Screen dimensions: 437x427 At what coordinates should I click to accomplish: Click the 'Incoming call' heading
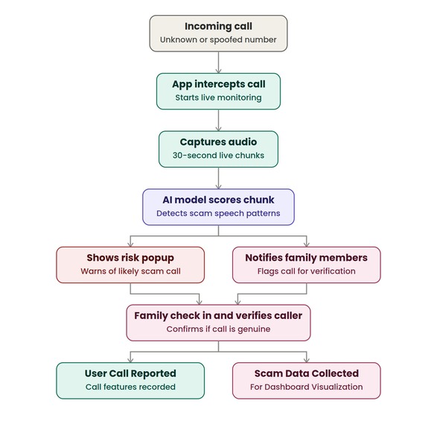218,26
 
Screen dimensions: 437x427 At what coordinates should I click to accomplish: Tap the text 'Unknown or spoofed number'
218,40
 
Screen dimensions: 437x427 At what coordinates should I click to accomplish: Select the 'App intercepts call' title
219,84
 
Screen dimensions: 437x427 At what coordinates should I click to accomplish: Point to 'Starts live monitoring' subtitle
218,98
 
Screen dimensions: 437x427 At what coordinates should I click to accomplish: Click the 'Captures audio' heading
218,142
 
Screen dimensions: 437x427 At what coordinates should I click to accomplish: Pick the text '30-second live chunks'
218,155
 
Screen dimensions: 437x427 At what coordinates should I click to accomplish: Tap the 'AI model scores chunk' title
218,200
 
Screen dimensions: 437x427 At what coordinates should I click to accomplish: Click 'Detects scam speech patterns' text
218,213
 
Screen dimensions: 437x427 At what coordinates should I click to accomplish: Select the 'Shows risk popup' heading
130,258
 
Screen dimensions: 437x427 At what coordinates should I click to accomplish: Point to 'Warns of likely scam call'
130,271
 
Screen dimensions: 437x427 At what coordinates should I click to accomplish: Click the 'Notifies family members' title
306,258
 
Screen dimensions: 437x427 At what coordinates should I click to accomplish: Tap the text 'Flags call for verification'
306,271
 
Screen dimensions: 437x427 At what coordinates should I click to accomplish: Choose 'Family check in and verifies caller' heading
218,315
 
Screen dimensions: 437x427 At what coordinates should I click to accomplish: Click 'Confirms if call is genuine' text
218,329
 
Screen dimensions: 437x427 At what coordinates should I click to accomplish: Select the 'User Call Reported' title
130,373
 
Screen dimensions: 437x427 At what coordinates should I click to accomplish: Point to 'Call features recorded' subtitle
130,387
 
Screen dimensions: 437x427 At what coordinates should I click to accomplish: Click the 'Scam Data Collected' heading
306,373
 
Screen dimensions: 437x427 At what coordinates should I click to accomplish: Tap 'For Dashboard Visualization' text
306,387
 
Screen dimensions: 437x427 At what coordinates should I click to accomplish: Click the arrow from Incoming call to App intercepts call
219,63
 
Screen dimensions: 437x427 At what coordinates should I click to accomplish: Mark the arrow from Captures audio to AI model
219,178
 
